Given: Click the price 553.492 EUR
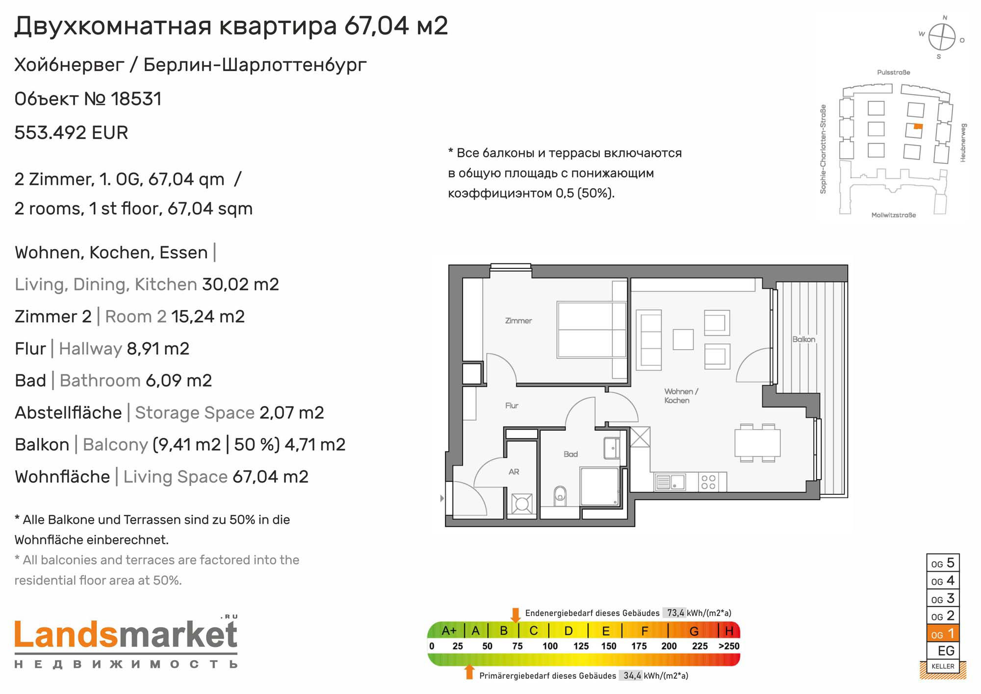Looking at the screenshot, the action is point(71,133).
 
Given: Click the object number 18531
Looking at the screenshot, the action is point(136,99).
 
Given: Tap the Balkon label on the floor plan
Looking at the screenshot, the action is point(803,339).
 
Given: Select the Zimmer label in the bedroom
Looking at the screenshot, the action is point(518,321).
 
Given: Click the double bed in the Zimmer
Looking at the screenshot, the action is point(592,329).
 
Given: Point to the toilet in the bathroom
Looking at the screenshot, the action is point(560,496).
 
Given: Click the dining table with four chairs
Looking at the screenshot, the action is point(757,443).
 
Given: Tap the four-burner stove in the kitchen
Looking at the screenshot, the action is point(708,482).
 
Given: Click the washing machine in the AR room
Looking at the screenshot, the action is point(521,504).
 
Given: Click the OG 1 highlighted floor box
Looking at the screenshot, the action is point(943,634).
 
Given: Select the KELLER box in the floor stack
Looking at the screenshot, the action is point(943,666).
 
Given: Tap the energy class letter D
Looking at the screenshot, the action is point(568,631).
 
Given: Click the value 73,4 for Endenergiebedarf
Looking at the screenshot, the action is point(675,613).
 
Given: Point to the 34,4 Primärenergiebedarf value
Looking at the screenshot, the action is point(632,676).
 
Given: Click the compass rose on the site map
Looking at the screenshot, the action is point(942,37).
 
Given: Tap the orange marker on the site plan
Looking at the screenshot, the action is point(918,127).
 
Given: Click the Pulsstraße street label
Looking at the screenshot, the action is point(893,73).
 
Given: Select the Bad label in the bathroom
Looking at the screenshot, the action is point(570,454).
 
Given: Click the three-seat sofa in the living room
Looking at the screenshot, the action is point(648,339).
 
